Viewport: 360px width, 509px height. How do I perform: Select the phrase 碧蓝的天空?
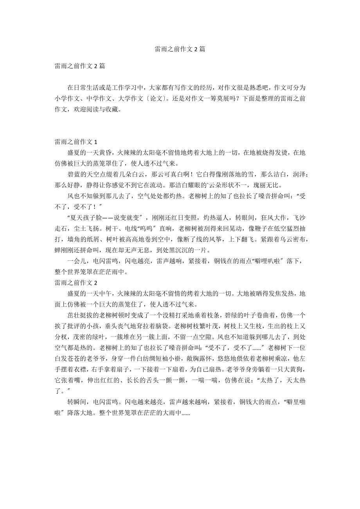point(83,174)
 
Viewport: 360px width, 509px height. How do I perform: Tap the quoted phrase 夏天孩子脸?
point(86,218)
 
